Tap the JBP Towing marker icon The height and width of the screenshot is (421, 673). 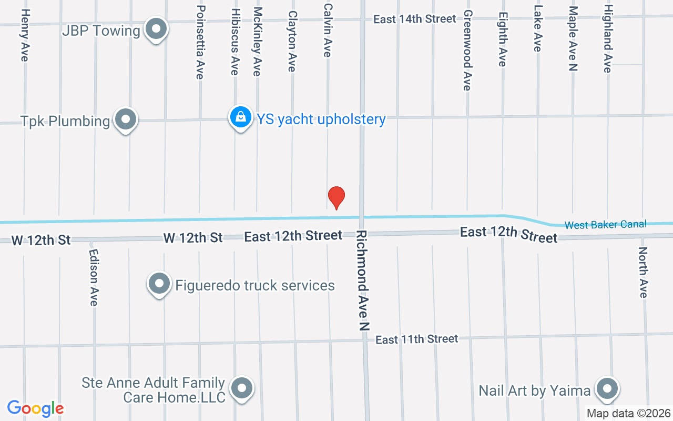point(156,29)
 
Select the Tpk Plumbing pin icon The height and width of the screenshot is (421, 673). point(125,119)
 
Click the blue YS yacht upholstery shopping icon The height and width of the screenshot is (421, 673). point(240,117)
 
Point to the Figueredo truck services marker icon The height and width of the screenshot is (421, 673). point(159,284)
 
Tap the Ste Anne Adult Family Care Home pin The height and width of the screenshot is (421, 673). point(242,388)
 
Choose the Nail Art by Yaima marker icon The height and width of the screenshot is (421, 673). point(607,389)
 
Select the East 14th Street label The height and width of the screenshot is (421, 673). point(415,19)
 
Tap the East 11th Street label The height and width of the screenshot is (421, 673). point(417,339)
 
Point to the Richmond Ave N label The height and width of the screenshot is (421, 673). point(362,280)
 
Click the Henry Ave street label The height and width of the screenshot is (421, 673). point(25,35)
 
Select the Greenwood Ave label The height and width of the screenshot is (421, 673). point(467,50)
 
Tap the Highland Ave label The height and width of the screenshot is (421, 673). point(608,39)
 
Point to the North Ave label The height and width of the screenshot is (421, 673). point(643,272)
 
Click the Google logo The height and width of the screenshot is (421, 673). point(35,408)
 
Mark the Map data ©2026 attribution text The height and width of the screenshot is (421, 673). point(629,413)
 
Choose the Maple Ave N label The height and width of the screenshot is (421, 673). point(573,38)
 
